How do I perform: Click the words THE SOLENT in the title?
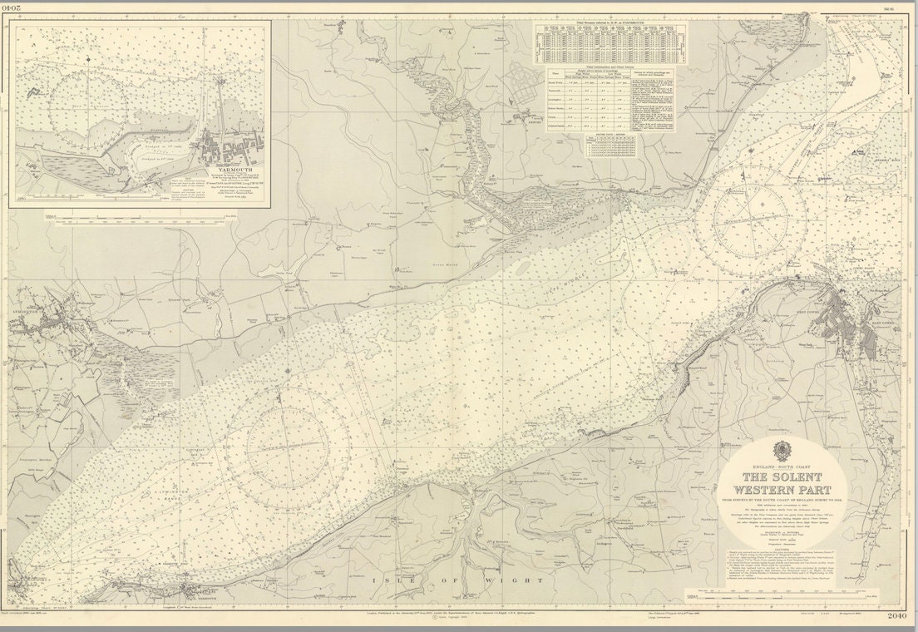782,477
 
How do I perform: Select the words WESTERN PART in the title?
782,489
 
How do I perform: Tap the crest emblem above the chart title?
782,452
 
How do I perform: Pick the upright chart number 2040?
896,615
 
